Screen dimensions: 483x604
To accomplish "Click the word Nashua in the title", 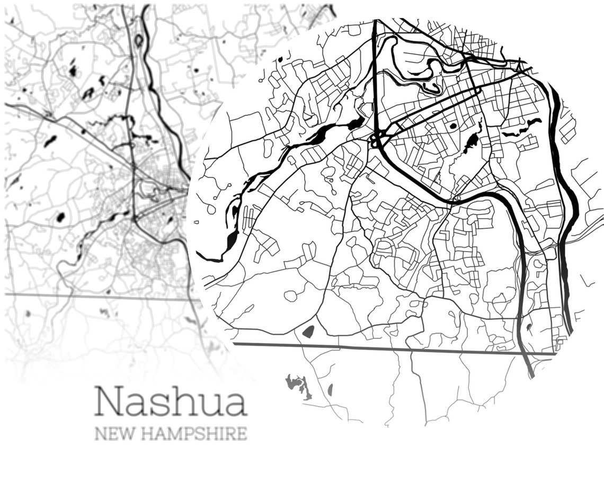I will coord(171,402).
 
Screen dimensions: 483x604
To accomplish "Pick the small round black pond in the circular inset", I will coord(452,126).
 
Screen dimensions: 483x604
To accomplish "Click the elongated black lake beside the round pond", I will coord(470,142).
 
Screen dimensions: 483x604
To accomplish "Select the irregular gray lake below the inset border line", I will coord(298,386).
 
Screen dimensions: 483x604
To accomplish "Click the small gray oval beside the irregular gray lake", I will coord(330,390).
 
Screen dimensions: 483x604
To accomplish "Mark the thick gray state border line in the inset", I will coord(392,348).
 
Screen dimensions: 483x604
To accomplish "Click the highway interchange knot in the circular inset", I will coord(377,139).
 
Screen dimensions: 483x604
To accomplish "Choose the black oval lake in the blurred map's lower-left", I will coord(60,217).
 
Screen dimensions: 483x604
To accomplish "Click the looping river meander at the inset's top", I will coord(419,71).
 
